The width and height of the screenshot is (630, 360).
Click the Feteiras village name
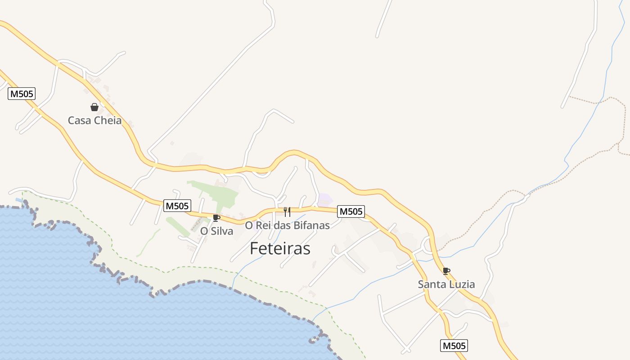click(x=280, y=248)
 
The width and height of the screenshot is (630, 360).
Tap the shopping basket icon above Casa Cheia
click(x=94, y=107)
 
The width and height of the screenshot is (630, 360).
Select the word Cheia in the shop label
click(x=108, y=121)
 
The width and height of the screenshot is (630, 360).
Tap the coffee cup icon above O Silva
click(x=216, y=218)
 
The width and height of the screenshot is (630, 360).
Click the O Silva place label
click(x=216, y=231)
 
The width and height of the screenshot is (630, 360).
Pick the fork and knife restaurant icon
click(x=287, y=211)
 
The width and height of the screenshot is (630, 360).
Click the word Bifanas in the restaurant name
click(x=311, y=225)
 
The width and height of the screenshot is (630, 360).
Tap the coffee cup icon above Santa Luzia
click(x=446, y=271)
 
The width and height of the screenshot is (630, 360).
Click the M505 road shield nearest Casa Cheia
click(x=22, y=94)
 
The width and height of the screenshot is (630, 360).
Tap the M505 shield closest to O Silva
click(x=177, y=206)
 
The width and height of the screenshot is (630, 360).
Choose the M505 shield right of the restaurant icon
click(x=351, y=211)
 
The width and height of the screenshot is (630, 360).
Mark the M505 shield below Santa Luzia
click(x=454, y=346)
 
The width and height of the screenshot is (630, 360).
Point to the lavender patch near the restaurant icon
click(x=325, y=199)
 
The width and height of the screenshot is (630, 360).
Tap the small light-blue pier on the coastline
click(x=19, y=199)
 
